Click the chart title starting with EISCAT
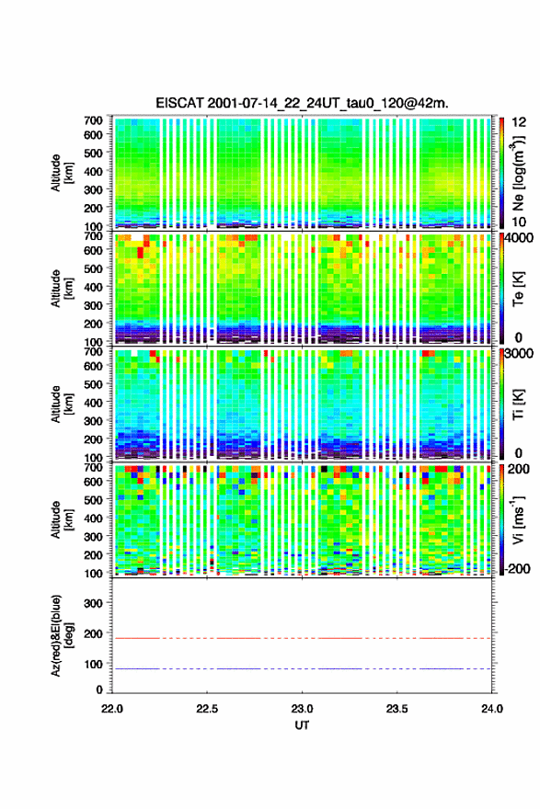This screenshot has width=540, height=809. click(302, 103)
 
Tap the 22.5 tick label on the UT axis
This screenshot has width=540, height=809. click(206, 709)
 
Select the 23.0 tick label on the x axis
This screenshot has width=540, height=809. click(302, 709)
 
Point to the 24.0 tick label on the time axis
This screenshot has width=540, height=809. click(491, 709)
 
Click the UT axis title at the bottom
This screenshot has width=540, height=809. click(302, 725)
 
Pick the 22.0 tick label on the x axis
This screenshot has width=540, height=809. click(112, 709)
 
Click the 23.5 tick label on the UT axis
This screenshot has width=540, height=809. click(396, 709)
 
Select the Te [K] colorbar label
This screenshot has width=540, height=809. click(518, 289)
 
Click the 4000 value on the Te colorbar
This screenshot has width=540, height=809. click(520, 239)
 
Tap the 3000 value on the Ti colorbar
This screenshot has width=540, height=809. click(520, 354)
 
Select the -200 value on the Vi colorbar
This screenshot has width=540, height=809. click(518, 568)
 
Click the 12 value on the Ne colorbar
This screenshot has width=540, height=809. click(520, 122)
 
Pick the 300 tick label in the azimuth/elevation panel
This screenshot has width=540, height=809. click(93, 603)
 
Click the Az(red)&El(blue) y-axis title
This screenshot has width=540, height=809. click(62, 635)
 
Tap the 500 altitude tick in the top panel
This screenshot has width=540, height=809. click(93, 153)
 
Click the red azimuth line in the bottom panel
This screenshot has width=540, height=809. click(302, 638)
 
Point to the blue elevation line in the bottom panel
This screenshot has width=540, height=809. click(302, 668)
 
